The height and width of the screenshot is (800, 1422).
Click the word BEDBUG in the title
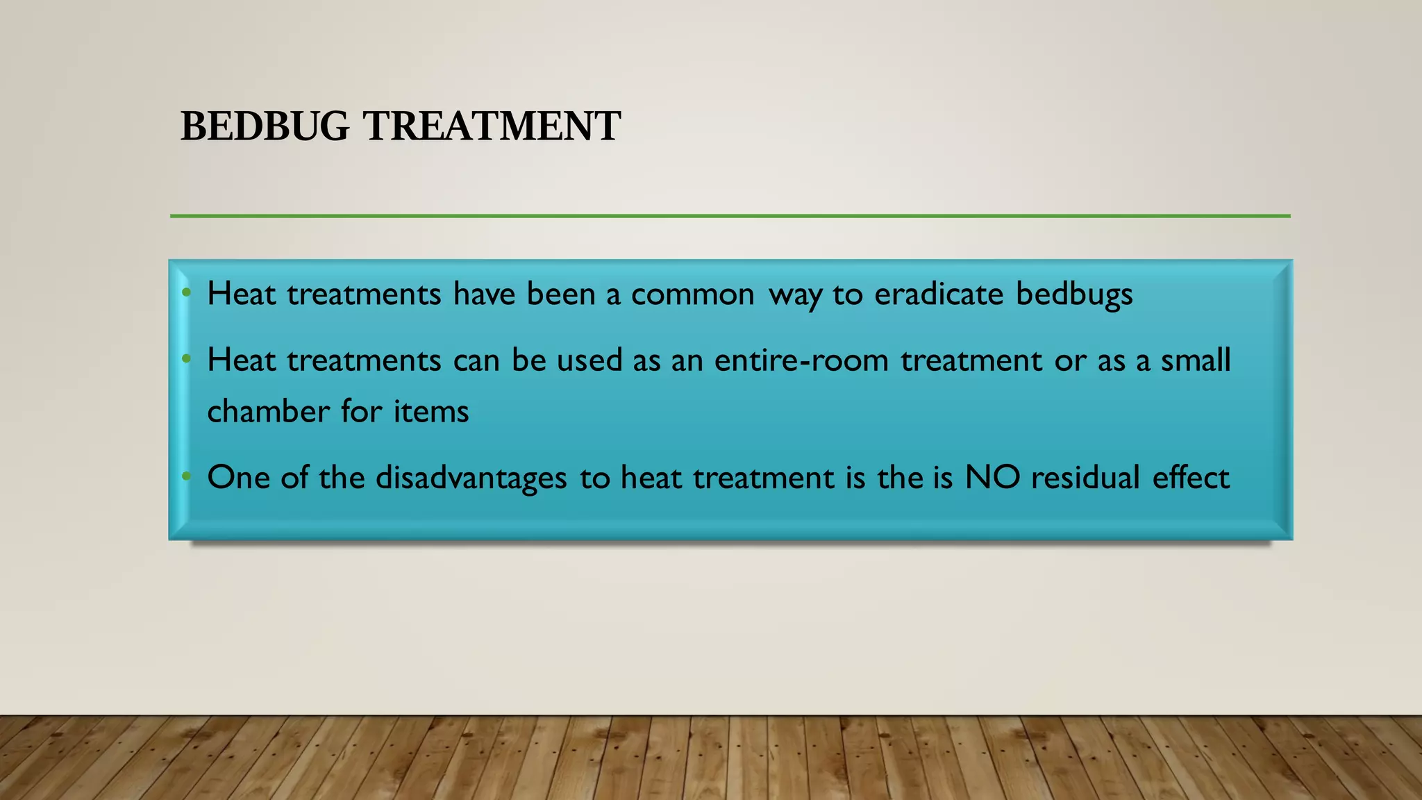(265, 126)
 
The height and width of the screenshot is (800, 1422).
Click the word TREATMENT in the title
(492, 126)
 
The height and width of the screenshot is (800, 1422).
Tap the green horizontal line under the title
(729, 216)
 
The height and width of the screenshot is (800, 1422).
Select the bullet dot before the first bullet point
(186, 293)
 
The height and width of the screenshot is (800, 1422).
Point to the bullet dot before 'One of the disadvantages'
(186, 476)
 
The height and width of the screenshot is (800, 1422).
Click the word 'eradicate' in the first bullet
(939, 294)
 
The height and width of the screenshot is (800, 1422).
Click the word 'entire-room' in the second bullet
(801, 360)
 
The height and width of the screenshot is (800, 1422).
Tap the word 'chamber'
(268, 411)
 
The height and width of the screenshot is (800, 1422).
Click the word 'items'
(431, 411)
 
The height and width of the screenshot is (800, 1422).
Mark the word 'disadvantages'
(471, 478)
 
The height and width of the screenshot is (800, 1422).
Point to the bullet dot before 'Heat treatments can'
(186, 360)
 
